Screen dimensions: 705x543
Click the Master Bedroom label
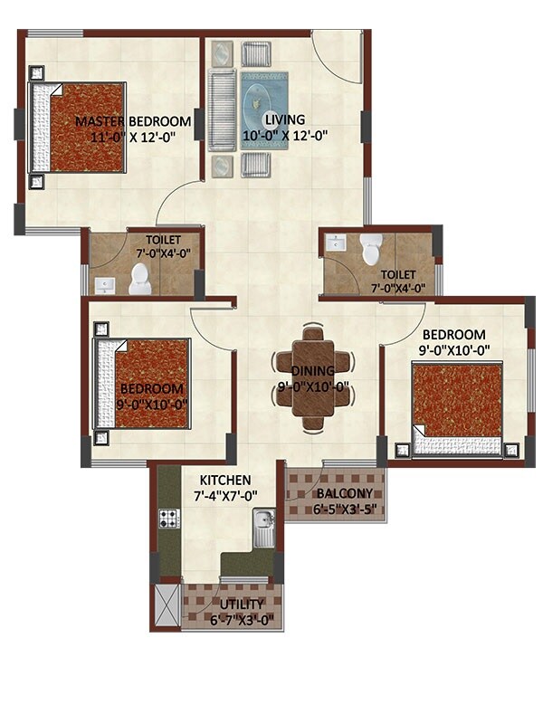[x=133, y=121]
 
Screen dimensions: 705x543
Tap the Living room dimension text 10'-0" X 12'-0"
[x=284, y=136]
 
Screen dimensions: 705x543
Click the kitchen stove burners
[x=169, y=519]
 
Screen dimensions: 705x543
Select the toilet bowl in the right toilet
[x=371, y=250]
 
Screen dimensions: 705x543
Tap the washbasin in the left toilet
[x=105, y=285]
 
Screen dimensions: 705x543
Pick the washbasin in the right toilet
[x=337, y=243]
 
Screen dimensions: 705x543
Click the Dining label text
[x=313, y=371]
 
